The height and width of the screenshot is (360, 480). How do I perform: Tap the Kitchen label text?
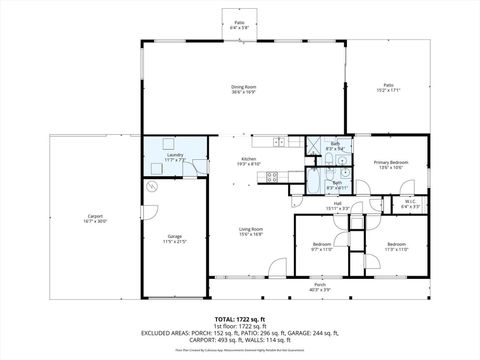248,160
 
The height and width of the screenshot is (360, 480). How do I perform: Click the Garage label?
175,238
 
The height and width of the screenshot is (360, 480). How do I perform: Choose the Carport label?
95,217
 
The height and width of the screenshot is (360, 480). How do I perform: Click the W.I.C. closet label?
410,203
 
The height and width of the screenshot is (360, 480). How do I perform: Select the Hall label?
337,206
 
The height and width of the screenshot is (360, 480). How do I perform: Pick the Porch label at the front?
319,286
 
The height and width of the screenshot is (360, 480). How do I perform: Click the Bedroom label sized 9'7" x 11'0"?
321,245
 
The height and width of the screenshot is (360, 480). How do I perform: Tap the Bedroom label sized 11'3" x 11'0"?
397,245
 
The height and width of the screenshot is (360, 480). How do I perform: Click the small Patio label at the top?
239,25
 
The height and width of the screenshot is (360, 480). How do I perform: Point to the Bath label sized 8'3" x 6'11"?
337,184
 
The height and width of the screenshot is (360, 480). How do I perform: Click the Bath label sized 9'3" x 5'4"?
336,146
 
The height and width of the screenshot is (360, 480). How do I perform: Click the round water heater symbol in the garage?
153,186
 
